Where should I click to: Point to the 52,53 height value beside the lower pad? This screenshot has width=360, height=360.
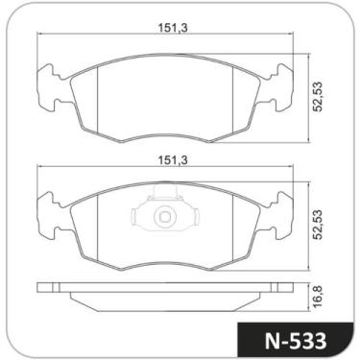click(314, 228)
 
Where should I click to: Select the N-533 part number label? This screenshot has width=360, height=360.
click(294, 340)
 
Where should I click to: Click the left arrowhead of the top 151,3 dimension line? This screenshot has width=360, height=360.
click(40, 36)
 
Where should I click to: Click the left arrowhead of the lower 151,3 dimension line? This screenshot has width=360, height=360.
click(40, 168)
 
